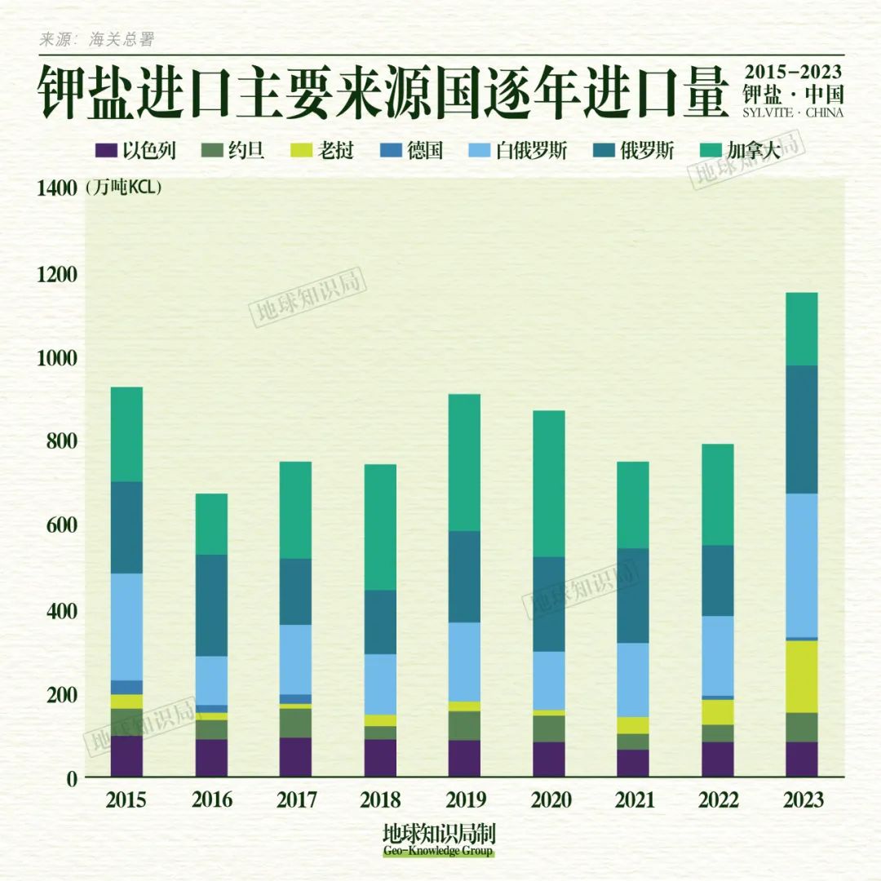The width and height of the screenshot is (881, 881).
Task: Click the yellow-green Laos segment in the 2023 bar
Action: tap(801, 676)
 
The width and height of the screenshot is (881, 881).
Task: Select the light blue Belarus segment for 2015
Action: tap(126, 626)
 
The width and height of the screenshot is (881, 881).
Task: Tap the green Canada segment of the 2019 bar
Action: tap(464, 463)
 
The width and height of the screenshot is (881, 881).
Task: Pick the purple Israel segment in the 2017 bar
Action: tap(295, 757)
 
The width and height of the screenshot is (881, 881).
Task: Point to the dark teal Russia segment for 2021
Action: tap(633, 595)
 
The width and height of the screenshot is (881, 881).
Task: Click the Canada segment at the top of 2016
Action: tap(211, 524)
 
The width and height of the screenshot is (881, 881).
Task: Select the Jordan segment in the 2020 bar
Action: tap(549, 728)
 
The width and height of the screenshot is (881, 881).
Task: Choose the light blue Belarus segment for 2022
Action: tap(717, 655)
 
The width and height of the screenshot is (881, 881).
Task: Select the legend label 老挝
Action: tap(334, 151)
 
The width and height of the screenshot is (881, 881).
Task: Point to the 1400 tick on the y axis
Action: tap(56, 188)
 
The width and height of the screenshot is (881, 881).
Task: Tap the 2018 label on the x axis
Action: tap(380, 799)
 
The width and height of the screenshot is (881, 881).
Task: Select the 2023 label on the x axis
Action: tap(801, 799)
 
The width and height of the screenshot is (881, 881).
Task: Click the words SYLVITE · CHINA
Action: tap(793, 112)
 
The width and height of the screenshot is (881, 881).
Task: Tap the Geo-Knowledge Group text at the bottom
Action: tap(439, 852)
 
